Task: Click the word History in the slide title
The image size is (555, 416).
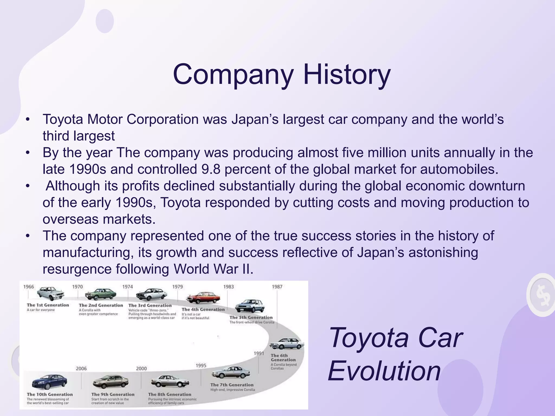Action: pyautogui.click(x=347, y=74)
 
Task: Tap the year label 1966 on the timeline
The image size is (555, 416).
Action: pyautogui.click(x=29, y=287)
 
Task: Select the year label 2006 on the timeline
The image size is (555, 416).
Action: pyautogui.click(x=81, y=369)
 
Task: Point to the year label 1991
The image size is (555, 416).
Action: pyautogui.click(x=259, y=353)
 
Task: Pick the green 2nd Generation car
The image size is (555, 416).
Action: pyautogui.click(x=101, y=294)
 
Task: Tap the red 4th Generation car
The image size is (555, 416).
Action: pyautogui.click(x=203, y=298)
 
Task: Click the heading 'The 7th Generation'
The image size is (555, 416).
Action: pyautogui.click(x=232, y=385)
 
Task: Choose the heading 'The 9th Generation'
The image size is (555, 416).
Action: pyautogui.click(x=113, y=394)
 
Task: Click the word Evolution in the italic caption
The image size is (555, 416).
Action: pyautogui.click(x=384, y=371)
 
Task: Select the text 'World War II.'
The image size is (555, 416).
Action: pyautogui.click(x=214, y=269)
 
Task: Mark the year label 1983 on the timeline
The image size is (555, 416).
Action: pyautogui.click(x=228, y=287)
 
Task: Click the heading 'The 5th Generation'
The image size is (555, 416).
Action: pyautogui.click(x=251, y=317)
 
